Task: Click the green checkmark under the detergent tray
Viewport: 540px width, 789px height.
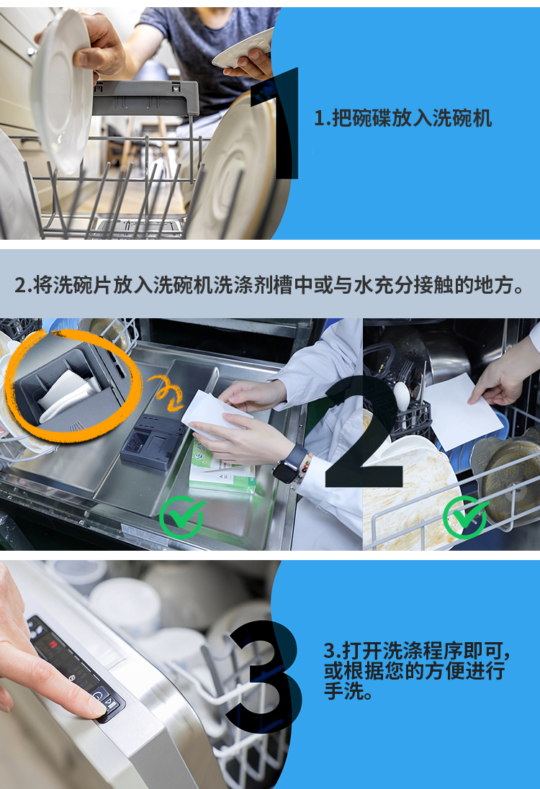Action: click(182, 517)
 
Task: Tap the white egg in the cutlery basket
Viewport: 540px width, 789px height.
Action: click(402, 396)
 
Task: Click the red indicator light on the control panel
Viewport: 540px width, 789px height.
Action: click(53, 643)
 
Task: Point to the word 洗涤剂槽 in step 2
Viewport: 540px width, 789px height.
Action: click(277, 285)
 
